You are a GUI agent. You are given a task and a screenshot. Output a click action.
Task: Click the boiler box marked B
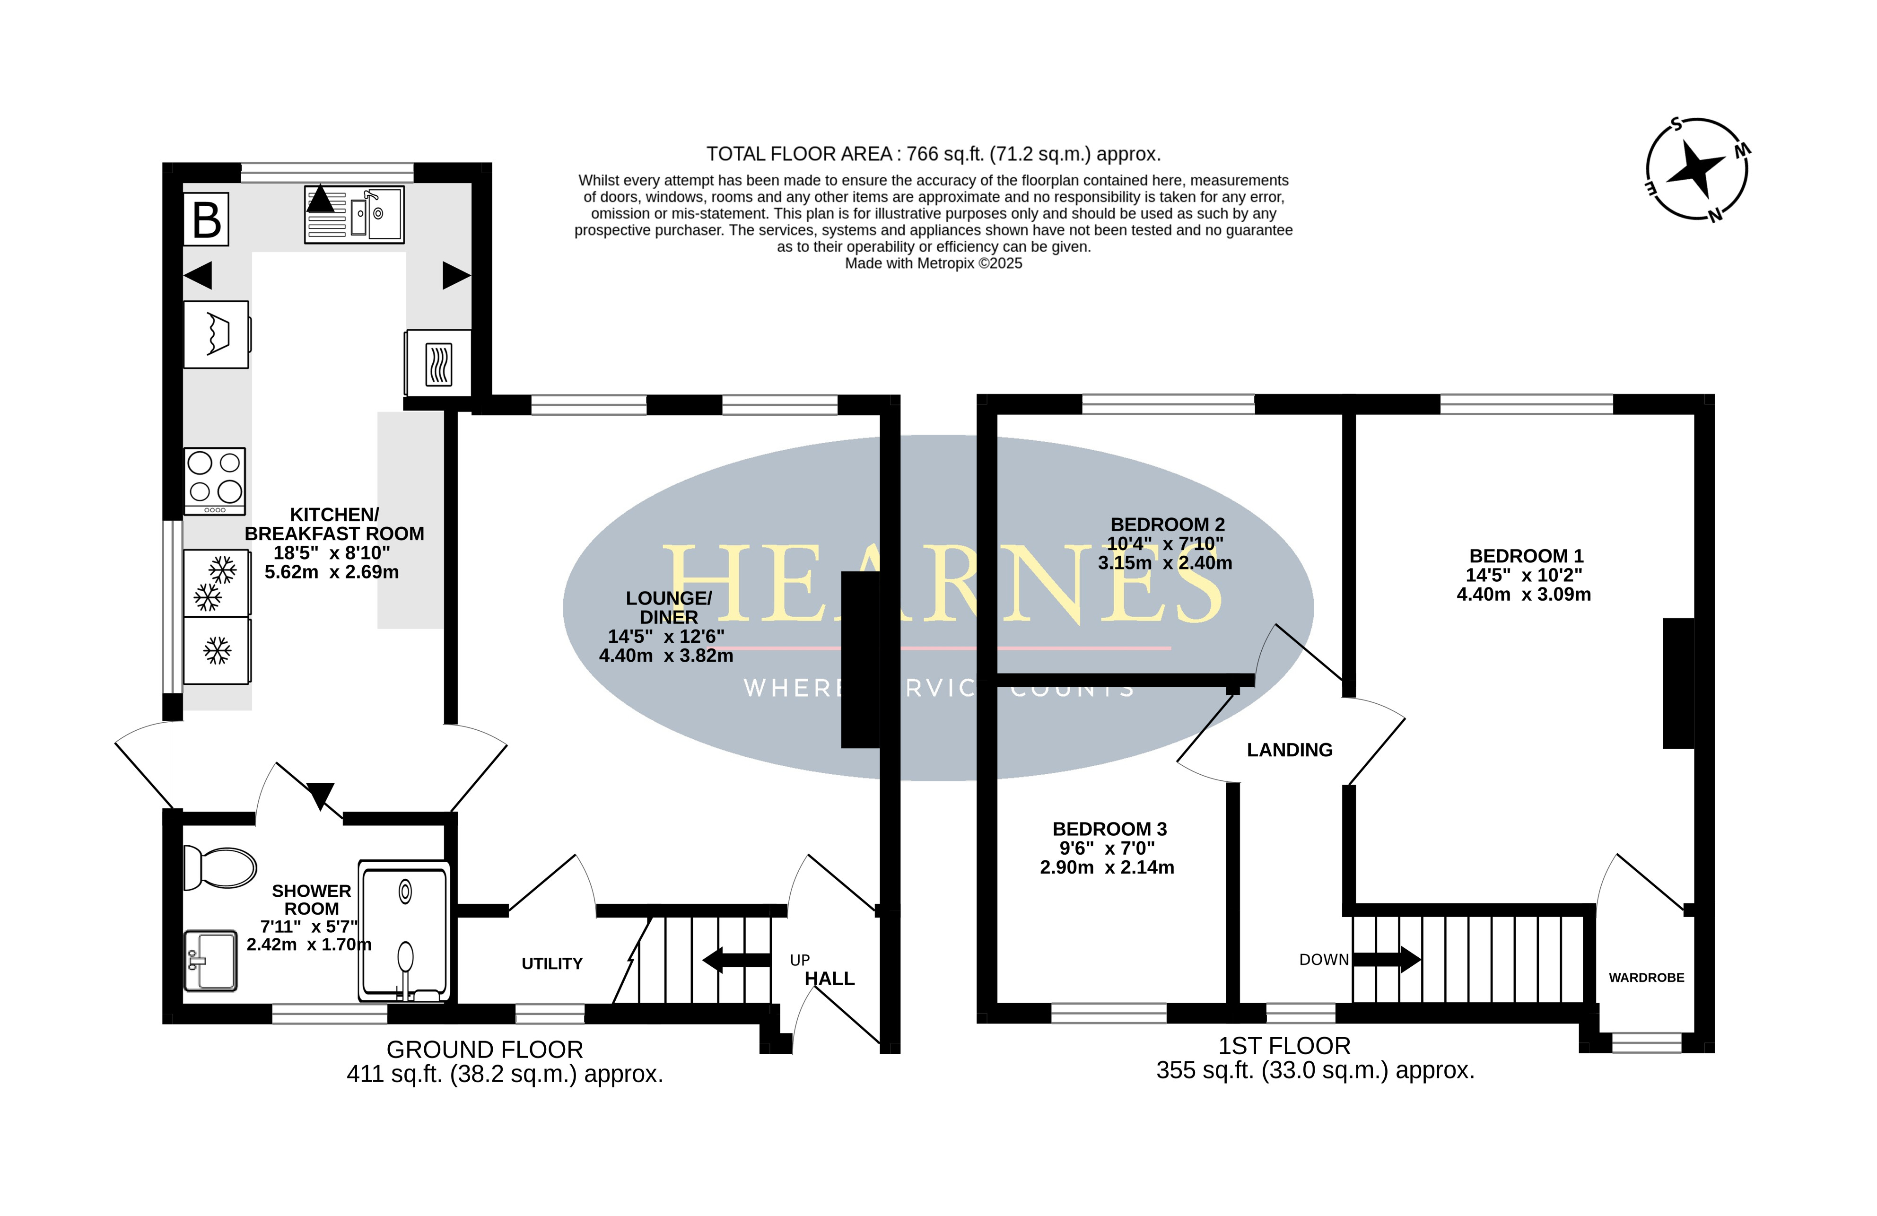coord(207,219)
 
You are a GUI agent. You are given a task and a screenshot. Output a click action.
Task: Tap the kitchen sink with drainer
coord(354,215)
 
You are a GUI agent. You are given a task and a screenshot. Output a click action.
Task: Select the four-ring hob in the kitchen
coord(215,481)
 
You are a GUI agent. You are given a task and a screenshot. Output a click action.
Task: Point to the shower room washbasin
coord(210,961)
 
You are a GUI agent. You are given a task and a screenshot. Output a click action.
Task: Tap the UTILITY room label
coord(552,963)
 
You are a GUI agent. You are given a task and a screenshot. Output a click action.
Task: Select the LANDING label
coord(1290,750)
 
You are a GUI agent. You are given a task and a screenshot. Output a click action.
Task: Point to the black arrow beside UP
coord(736,961)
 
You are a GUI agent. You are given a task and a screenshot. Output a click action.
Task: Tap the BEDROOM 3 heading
coord(1109,829)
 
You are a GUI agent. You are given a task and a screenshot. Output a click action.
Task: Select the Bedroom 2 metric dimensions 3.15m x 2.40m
coord(1165,563)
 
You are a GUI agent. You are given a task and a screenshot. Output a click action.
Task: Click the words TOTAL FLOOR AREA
coord(799,154)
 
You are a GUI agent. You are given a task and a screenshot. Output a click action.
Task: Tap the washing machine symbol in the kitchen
coord(218,334)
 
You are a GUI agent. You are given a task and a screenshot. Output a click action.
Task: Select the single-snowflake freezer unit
coord(218,651)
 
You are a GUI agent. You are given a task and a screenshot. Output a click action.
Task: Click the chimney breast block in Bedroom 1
coord(1678,683)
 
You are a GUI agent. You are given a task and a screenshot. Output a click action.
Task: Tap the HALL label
coord(829,979)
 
